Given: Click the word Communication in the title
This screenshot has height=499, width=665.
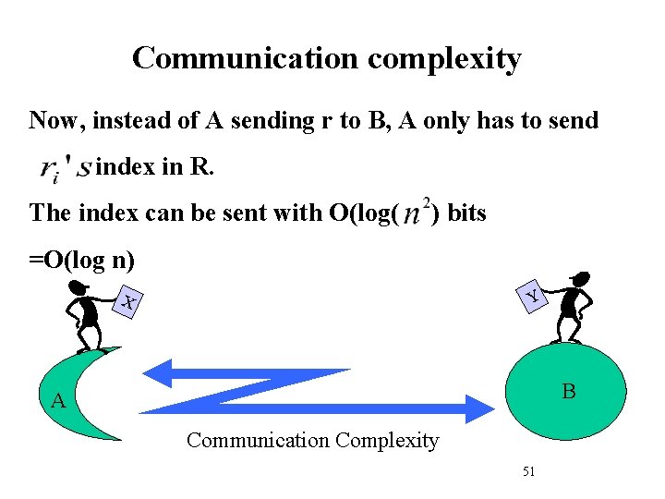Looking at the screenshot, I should click(x=246, y=58).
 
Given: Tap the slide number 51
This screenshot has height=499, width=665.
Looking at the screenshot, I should click(x=529, y=471).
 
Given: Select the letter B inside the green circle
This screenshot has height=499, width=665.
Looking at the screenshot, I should click(x=569, y=392).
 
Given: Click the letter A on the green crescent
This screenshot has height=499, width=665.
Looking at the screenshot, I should click(x=58, y=401).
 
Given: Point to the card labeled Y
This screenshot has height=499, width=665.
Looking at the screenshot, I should click(x=532, y=296).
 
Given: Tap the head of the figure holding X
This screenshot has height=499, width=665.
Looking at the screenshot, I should click(x=79, y=287).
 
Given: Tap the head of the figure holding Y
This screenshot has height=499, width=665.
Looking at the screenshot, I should click(x=580, y=277).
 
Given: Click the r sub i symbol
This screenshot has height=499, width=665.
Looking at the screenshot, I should click(x=52, y=169).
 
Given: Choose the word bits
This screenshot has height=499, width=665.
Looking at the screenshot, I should click(x=466, y=213).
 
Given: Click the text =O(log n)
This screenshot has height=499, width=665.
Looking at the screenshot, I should click(x=82, y=260).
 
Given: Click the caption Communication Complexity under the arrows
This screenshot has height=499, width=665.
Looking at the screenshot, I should click(x=312, y=440).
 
